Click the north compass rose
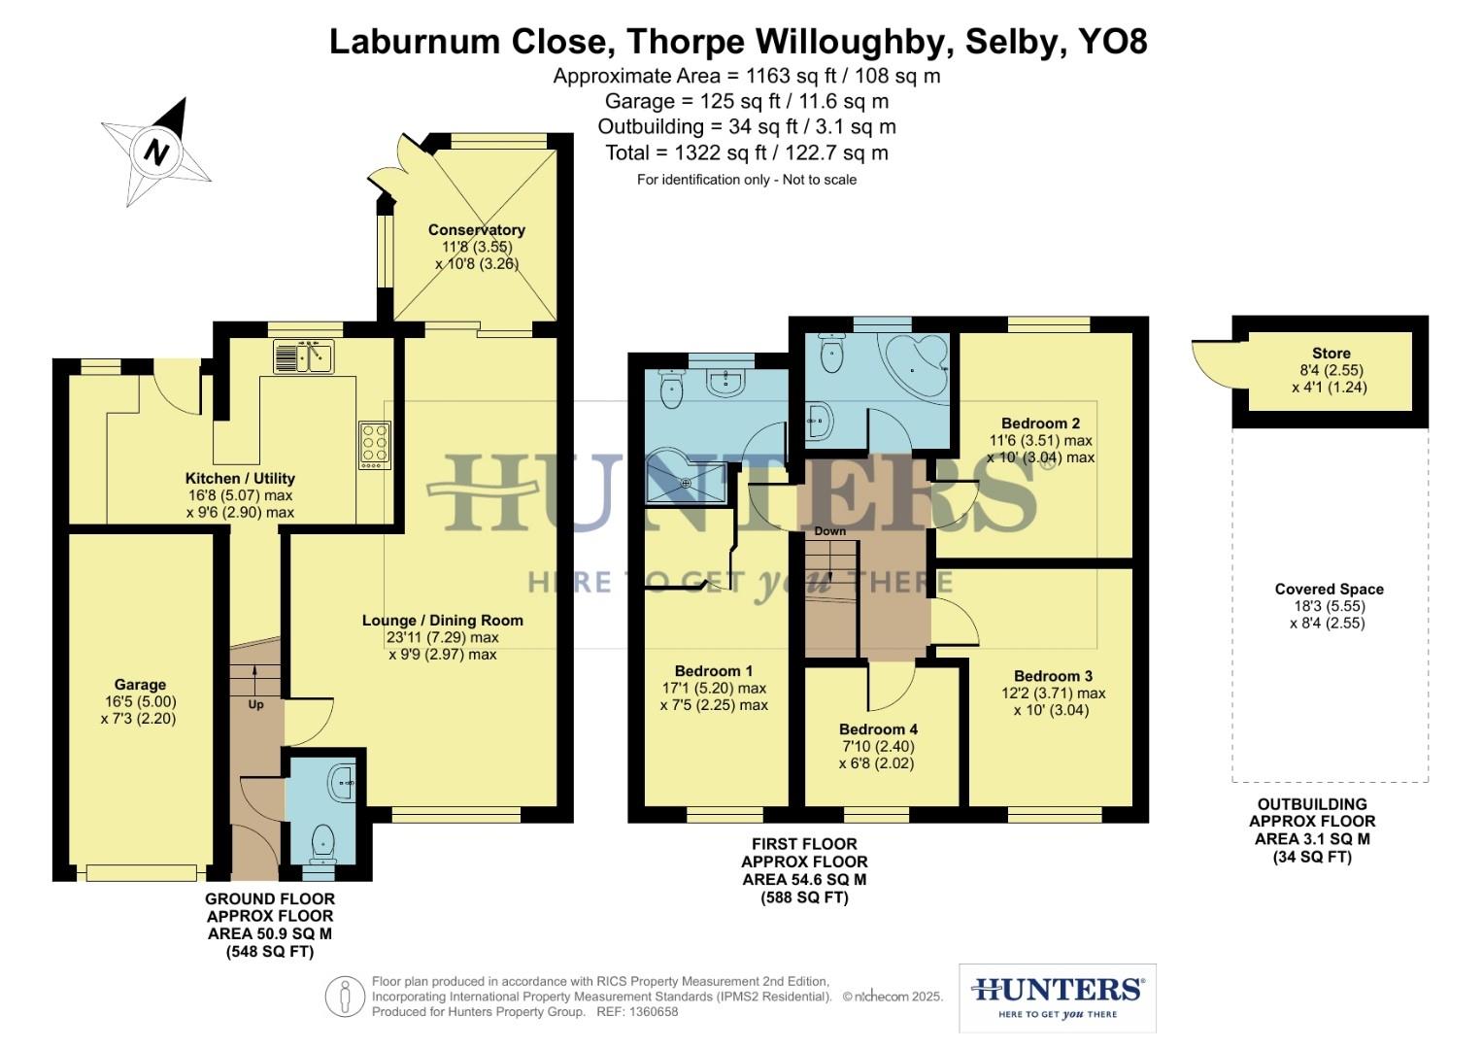(x=156, y=152)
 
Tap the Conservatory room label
(x=476, y=230)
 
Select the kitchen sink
(x=304, y=356)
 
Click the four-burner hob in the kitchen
(x=375, y=446)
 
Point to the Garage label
(x=140, y=685)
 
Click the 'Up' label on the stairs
(x=255, y=704)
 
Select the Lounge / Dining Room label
(x=442, y=621)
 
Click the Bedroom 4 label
(x=878, y=729)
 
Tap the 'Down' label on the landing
(x=830, y=531)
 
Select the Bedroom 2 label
(x=1040, y=423)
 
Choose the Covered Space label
(x=1329, y=590)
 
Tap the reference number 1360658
(x=655, y=1012)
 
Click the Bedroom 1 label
(x=714, y=671)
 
